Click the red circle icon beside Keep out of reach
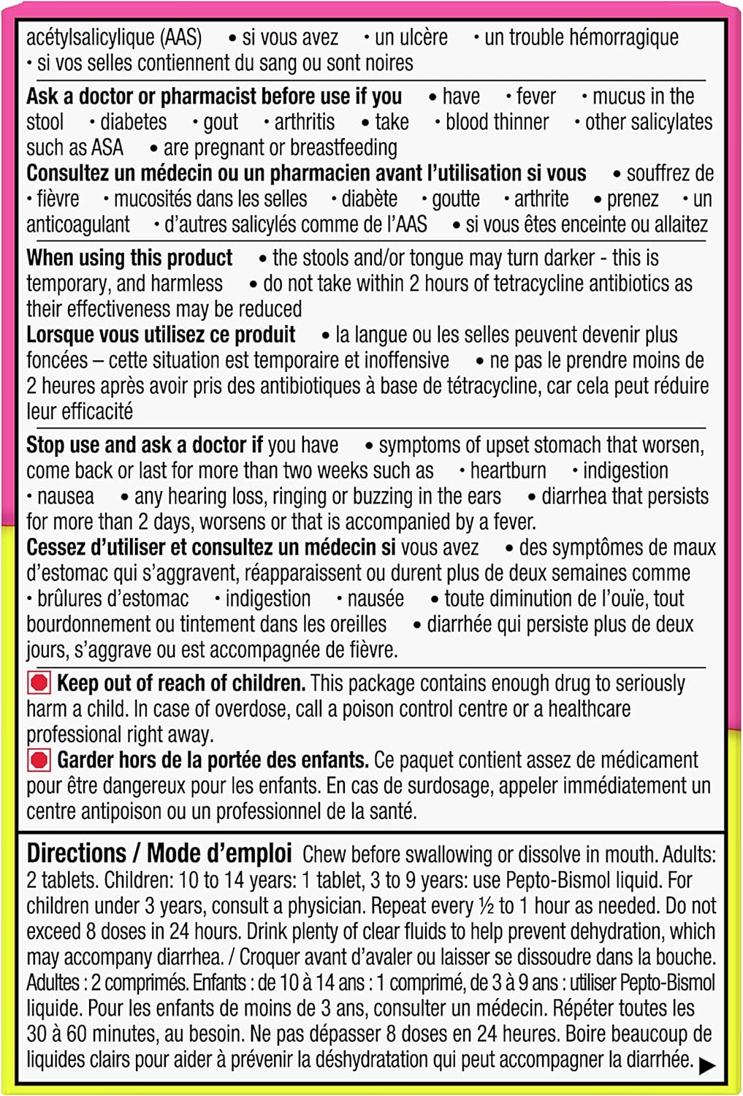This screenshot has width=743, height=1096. [x=39, y=683]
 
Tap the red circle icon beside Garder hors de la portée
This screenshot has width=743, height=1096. [x=39, y=761]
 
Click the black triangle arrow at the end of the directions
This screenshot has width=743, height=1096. [x=706, y=1065]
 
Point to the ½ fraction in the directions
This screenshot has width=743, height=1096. [x=487, y=906]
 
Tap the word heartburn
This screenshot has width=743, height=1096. [x=508, y=471]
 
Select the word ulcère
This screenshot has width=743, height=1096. [x=411, y=37]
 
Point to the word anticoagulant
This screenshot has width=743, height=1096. [x=78, y=224]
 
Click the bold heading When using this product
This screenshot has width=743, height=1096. [x=129, y=258]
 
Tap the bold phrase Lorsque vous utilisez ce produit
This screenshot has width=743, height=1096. [x=161, y=335]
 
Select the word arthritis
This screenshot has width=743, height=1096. [x=304, y=122]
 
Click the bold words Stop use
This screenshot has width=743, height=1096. [x=64, y=445]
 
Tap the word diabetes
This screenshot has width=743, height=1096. [x=133, y=122]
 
